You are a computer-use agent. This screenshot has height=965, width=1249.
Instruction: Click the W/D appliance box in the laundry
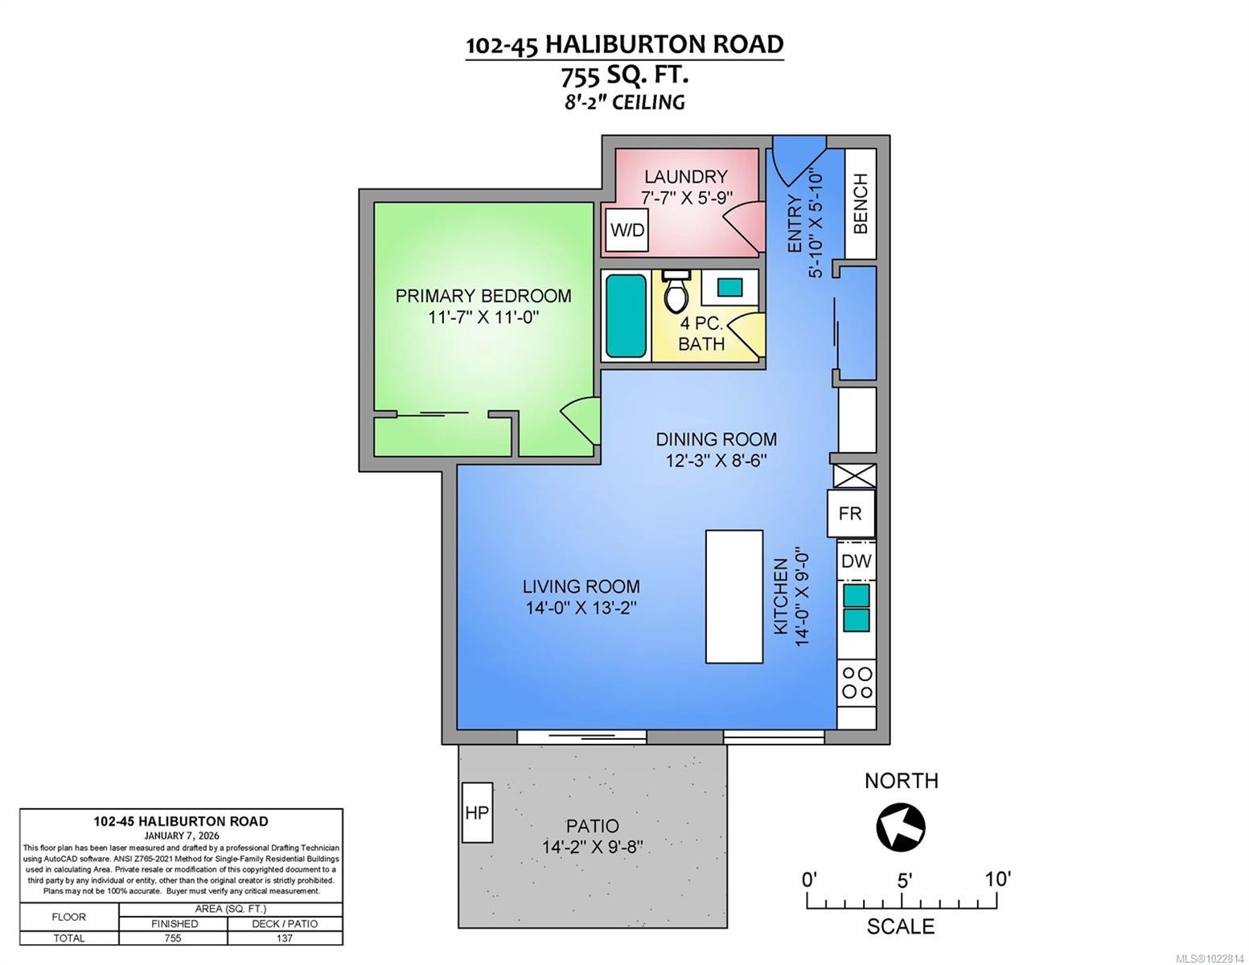(627, 230)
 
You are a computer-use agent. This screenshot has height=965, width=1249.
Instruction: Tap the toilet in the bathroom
(676, 292)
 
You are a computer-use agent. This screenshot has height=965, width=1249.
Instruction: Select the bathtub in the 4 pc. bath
(626, 316)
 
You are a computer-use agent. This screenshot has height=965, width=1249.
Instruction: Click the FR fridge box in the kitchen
(850, 513)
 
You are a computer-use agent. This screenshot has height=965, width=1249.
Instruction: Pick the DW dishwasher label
(856, 561)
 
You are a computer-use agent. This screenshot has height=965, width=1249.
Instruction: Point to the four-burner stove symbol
(857, 683)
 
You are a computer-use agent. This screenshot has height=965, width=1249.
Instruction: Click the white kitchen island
(733, 596)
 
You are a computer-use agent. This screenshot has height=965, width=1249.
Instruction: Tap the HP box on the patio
(477, 812)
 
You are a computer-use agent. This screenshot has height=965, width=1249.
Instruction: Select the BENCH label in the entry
(861, 203)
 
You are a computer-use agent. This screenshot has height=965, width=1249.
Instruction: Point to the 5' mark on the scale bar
(903, 880)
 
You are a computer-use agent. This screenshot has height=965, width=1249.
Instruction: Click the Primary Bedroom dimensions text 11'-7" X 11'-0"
(483, 317)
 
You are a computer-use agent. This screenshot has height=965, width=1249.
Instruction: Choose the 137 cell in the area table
(284, 938)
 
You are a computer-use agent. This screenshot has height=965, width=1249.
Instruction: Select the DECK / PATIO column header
(284, 923)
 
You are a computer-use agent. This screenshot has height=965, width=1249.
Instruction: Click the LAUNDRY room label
(685, 176)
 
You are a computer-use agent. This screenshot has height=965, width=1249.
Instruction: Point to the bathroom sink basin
(729, 286)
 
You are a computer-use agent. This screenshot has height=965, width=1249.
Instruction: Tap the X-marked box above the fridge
(853, 474)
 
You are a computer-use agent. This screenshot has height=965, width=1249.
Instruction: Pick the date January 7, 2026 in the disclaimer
(181, 835)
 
